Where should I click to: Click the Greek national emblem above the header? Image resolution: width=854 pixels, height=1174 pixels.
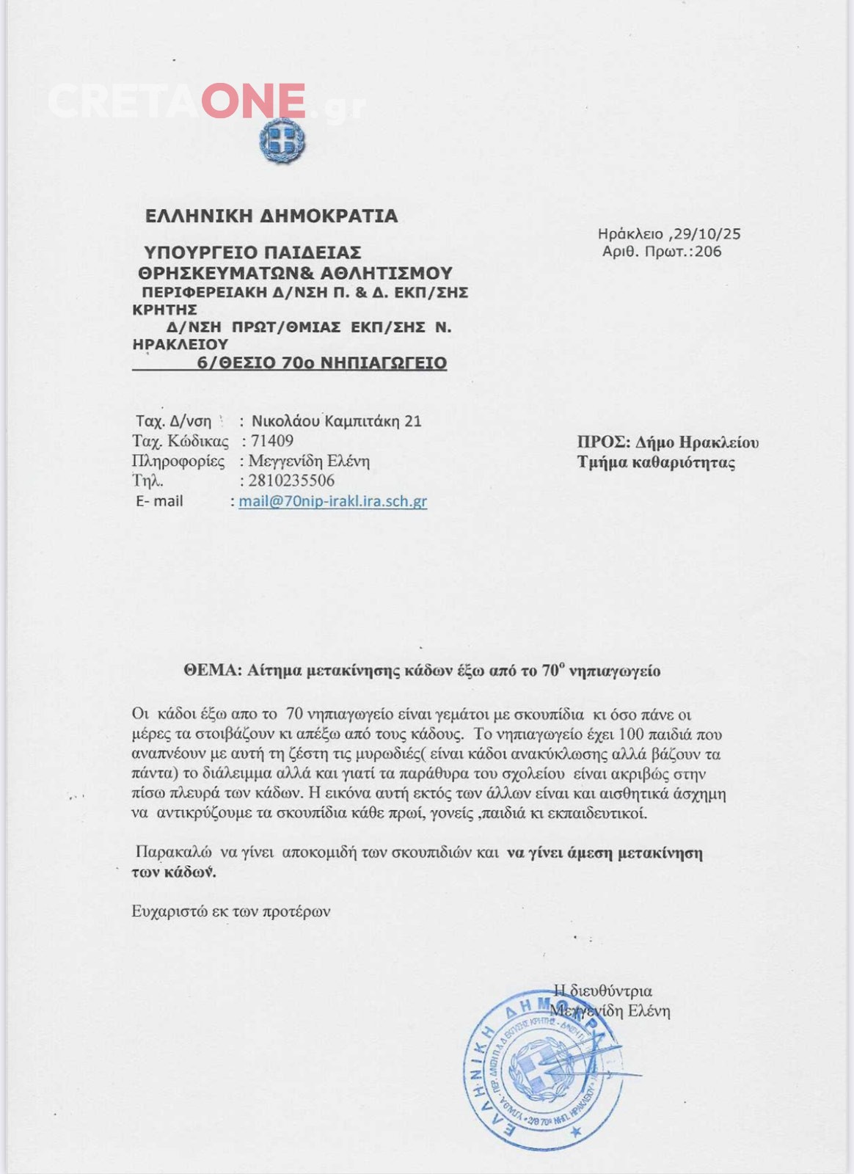pos(282,140)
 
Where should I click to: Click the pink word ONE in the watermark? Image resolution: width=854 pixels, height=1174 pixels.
pos(254,101)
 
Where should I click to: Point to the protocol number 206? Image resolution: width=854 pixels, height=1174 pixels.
pos(708,252)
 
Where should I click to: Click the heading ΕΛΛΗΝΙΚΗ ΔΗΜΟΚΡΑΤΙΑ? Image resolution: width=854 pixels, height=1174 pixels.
pos(271,216)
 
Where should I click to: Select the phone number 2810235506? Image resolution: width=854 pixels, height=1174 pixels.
pos(291,481)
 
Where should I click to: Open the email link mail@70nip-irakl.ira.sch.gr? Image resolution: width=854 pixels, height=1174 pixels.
pos(332,501)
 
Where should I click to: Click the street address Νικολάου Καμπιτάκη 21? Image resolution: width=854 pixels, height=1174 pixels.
pos(337,421)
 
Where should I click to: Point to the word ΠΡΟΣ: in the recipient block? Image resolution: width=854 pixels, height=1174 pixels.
pos(603,442)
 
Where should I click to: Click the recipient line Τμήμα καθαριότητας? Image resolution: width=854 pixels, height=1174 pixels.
pos(656,462)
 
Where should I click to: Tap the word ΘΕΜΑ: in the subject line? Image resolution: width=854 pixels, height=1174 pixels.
pos(212,671)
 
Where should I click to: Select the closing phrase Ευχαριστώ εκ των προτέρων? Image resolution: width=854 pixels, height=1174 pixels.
pos(231,911)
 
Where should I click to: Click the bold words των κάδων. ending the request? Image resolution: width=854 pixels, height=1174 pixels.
pos(174,872)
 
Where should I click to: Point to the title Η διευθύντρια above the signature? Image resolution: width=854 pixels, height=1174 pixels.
pos(603,991)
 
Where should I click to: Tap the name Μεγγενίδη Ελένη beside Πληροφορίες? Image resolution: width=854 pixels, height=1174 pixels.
pos(309,461)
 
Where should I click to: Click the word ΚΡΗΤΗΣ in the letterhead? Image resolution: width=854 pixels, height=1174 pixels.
pos(164,310)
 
